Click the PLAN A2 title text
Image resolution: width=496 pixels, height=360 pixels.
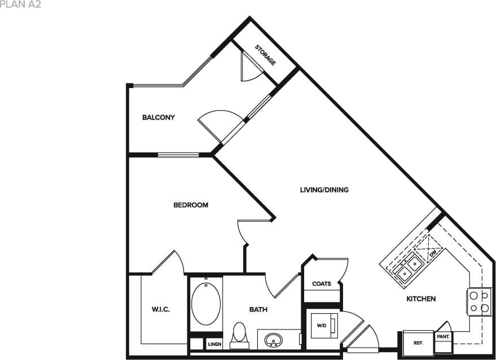click(x=20, y=4)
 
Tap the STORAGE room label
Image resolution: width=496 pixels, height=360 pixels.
click(x=265, y=55)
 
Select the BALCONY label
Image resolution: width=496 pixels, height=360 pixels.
click(x=158, y=118)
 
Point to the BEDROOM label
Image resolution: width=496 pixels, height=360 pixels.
click(x=190, y=205)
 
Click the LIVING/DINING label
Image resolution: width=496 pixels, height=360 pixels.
click(x=324, y=190)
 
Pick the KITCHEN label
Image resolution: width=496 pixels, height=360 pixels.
click(x=421, y=298)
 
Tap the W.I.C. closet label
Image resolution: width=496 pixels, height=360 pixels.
click(x=161, y=309)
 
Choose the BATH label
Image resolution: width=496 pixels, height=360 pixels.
click(x=258, y=309)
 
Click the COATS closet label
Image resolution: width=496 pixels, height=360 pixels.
click(x=322, y=284)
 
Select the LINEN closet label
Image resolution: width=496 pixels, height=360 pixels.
click(x=214, y=344)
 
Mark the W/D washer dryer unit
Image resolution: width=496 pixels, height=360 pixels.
click(x=323, y=326)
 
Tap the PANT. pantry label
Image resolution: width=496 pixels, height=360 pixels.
click(x=442, y=336)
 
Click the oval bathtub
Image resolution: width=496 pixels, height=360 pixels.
click(x=205, y=304)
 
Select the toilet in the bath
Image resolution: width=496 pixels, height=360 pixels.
click(x=240, y=333)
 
